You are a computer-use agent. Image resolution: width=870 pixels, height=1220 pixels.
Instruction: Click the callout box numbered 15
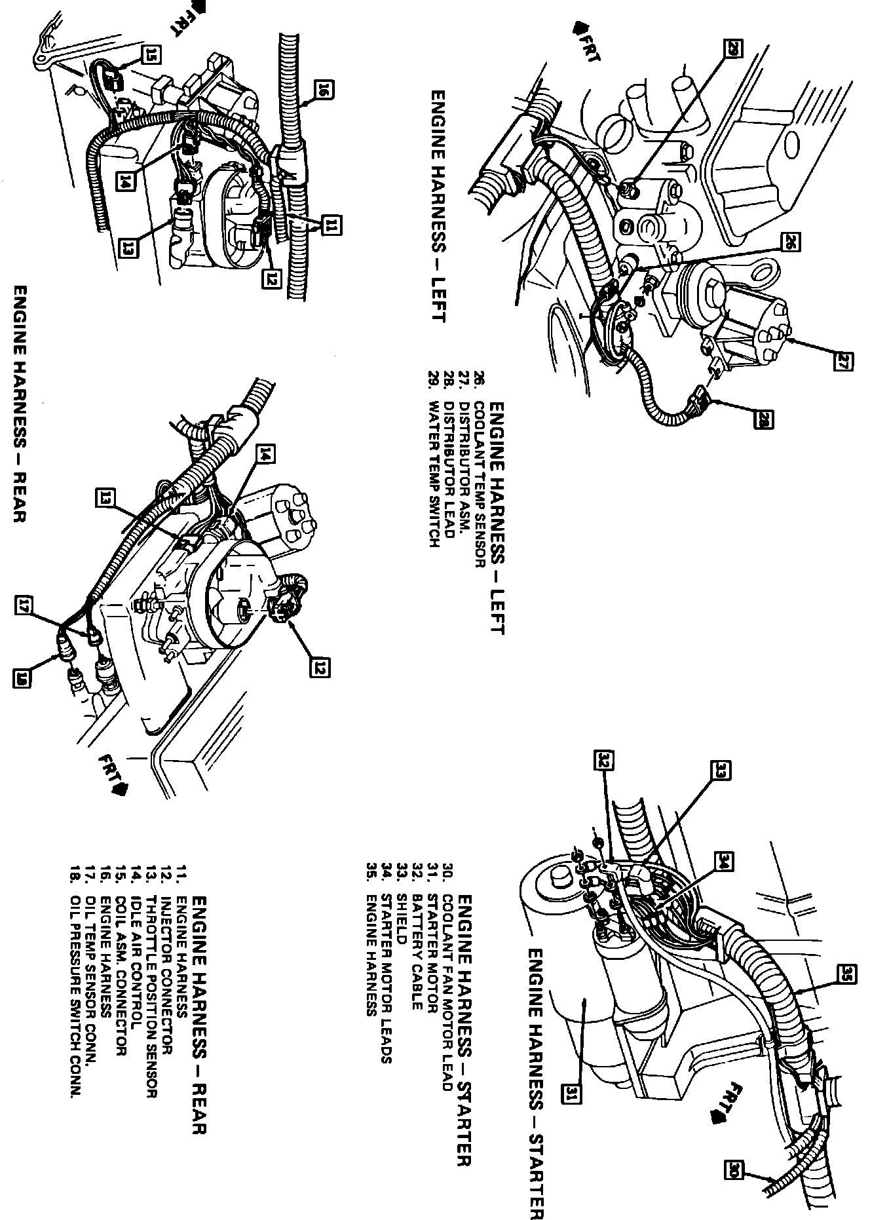point(152,56)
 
